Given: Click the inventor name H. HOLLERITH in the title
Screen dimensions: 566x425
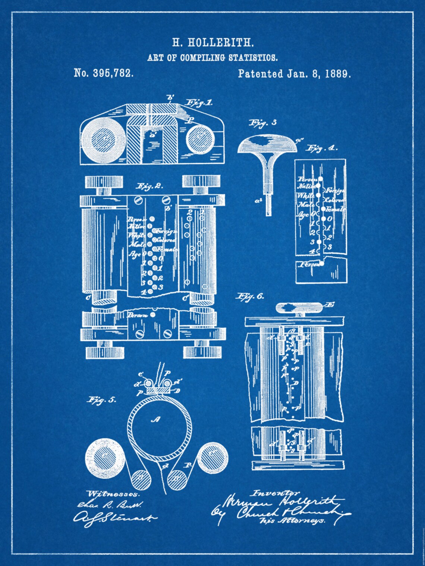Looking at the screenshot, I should [212, 43].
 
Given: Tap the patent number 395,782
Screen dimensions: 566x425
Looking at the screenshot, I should [104, 73].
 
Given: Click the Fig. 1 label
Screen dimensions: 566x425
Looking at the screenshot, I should [199, 103].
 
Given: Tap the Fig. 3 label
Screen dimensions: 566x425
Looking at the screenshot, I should [263, 123].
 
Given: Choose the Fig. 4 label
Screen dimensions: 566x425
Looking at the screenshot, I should [321, 148].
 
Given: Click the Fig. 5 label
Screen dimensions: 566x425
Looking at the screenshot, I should [101, 400].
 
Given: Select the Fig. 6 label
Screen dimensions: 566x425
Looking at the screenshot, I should [250, 296].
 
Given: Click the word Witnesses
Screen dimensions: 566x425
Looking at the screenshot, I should [113, 494].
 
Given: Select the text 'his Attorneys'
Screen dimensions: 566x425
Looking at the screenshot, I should [292, 520].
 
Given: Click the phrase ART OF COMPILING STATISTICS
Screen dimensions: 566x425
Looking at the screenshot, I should [212, 58].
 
